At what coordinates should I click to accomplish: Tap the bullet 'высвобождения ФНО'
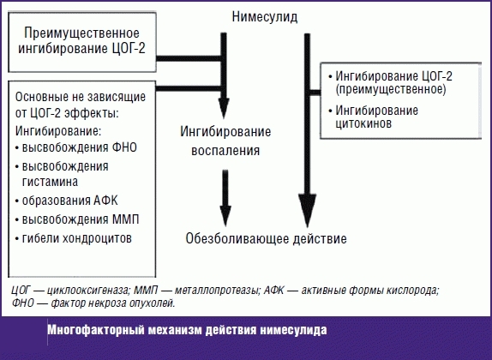click(79, 147)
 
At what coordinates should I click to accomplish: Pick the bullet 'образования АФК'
click(73, 201)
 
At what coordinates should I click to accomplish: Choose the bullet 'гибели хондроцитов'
click(77, 237)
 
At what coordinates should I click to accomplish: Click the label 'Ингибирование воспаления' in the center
click(225, 141)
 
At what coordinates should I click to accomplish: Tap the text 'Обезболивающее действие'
click(266, 239)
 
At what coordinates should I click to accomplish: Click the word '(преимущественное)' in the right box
click(390, 88)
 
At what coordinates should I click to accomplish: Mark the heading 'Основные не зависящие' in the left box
click(84, 98)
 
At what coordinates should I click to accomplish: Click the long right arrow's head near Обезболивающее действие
click(302, 216)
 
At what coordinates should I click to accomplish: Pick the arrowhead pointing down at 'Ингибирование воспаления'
click(224, 110)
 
